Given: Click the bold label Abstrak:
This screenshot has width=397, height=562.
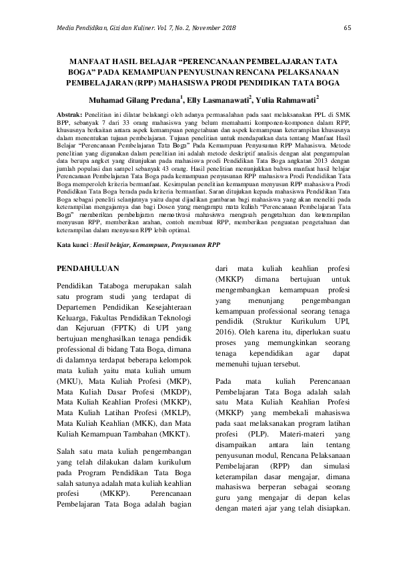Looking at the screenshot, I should pos(70,115).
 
